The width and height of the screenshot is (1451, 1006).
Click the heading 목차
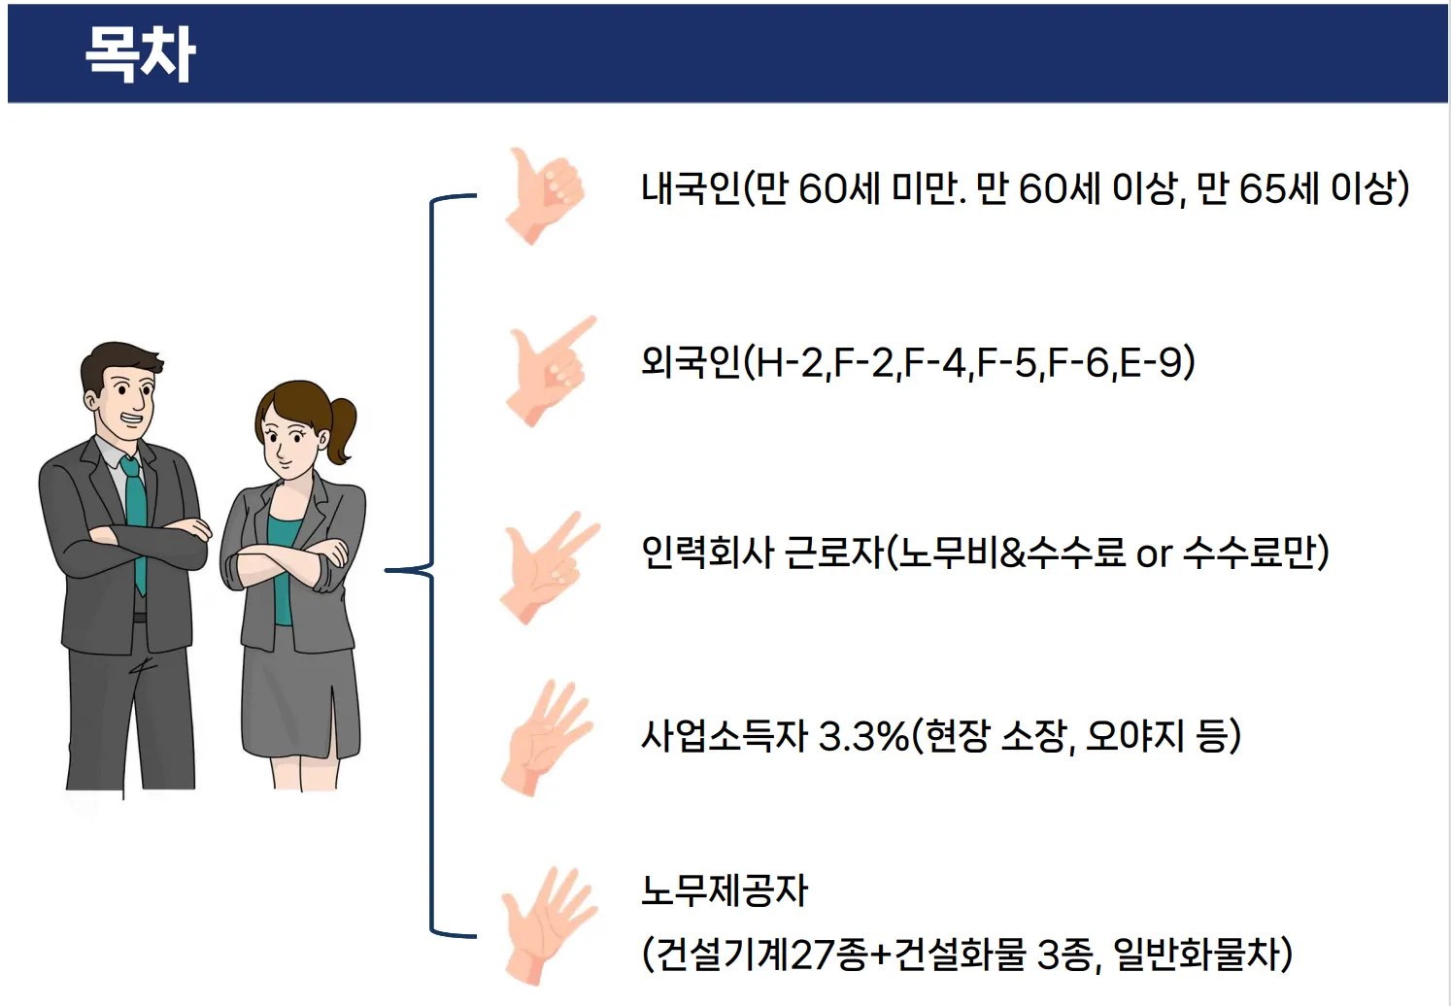coord(140,52)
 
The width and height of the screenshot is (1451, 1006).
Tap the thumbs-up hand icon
coord(544,195)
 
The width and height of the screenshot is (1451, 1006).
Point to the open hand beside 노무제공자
coord(548,924)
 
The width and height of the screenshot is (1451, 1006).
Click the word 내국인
coord(691,188)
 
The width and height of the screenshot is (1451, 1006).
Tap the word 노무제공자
coord(725,890)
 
